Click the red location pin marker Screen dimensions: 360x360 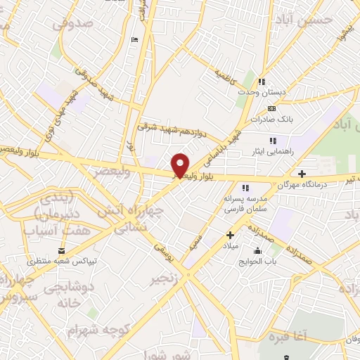coord(181,165)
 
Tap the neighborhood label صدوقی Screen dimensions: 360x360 coord(72,24)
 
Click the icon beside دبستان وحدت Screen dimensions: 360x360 coord(262,82)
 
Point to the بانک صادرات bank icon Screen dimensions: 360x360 coord(271,108)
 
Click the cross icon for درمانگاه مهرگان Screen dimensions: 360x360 coord(302,174)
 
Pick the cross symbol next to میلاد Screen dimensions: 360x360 coord(229,236)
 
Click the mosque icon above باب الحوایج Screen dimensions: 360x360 coord(257,251)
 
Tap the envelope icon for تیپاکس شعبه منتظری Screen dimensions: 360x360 coord(62,251)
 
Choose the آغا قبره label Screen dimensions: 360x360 coord(304,336)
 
